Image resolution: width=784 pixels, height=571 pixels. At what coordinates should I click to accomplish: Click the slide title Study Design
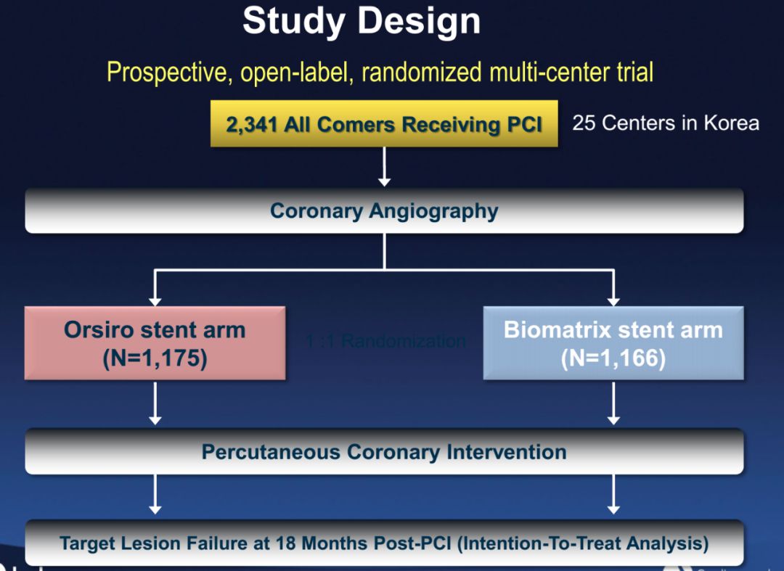(x=361, y=21)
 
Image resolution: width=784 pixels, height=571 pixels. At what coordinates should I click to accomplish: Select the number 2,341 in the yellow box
(x=251, y=124)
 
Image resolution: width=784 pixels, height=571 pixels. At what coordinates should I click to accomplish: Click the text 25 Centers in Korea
(x=665, y=123)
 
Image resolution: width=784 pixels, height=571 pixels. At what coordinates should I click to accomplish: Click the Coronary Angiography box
(x=384, y=211)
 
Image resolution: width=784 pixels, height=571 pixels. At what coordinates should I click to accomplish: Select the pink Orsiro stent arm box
(x=155, y=342)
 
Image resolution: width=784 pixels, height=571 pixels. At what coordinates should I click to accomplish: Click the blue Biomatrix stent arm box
(x=613, y=342)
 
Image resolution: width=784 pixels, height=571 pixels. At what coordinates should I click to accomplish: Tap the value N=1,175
(x=155, y=358)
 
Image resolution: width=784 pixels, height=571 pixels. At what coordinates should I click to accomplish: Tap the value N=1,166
(x=613, y=358)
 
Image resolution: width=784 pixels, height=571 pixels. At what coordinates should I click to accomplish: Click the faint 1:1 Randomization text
(x=385, y=341)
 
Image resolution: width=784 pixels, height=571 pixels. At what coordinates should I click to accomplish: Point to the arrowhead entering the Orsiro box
(x=155, y=299)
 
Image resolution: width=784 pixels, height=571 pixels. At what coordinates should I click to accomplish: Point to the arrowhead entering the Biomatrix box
(x=613, y=299)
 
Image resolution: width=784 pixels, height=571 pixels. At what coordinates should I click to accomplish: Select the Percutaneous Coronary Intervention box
(x=384, y=452)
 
